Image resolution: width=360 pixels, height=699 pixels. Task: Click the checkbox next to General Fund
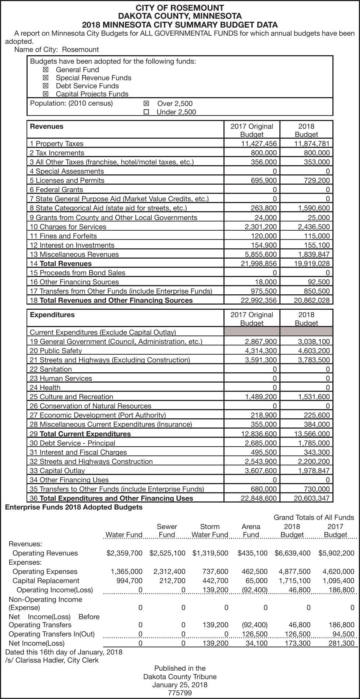(46, 70)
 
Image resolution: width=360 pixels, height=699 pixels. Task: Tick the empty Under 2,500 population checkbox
(146, 112)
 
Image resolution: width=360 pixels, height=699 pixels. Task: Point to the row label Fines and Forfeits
(63, 236)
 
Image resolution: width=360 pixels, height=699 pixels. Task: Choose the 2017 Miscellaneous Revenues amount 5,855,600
(261, 254)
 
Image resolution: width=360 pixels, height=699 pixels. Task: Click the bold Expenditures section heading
(52, 315)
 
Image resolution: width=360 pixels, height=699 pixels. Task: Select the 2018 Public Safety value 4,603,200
(314, 351)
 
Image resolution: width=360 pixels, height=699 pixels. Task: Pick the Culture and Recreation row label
(71, 397)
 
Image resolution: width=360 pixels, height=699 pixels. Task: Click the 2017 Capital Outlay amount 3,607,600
(261, 471)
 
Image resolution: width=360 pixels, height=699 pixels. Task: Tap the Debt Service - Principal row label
(73, 443)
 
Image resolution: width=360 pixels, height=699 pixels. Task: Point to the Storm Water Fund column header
(210, 531)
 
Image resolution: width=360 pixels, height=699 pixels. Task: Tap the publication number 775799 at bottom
(180, 693)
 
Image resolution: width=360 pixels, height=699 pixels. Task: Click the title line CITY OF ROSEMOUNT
(180, 8)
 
